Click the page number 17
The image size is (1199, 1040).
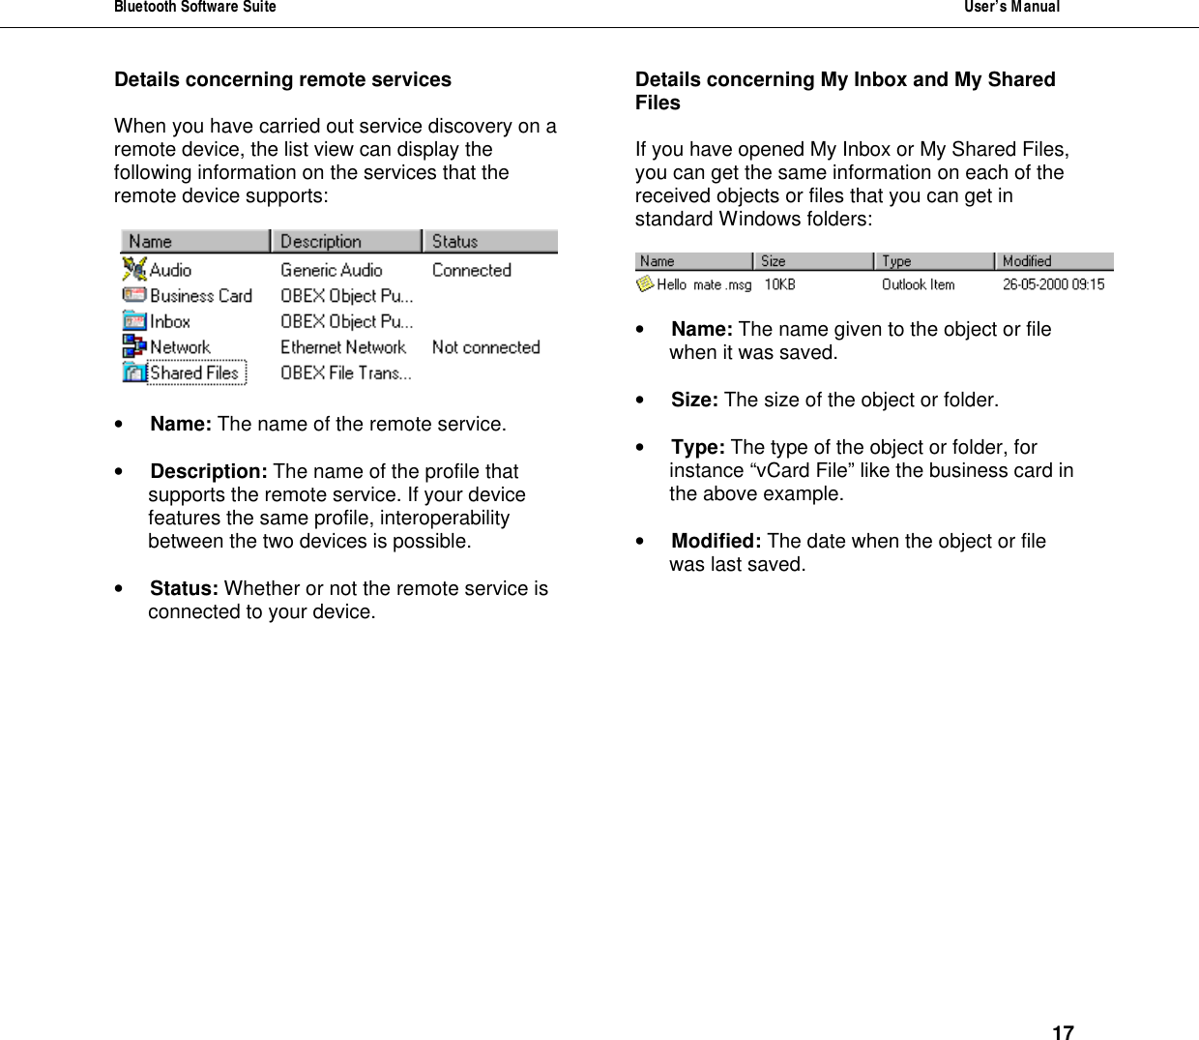pyautogui.click(x=1062, y=1032)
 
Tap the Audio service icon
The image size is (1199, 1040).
pyautogui.click(x=134, y=270)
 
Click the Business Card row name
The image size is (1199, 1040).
pyautogui.click(x=200, y=296)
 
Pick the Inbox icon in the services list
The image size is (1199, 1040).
pyautogui.click(x=134, y=321)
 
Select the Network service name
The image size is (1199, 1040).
pyautogui.click(x=180, y=347)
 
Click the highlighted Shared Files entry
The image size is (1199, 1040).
pyautogui.click(x=195, y=372)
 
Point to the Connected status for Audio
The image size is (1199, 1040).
pyautogui.click(x=471, y=270)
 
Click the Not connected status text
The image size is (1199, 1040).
pyautogui.click(x=485, y=347)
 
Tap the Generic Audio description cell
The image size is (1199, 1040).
pyautogui.click(x=331, y=270)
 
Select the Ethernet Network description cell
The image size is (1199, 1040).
pyautogui.click(x=342, y=347)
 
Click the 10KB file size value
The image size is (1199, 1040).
pyautogui.click(x=779, y=284)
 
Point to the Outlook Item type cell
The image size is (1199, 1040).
pyautogui.click(x=918, y=284)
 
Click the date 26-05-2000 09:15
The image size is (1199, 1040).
pyautogui.click(x=1053, y=284)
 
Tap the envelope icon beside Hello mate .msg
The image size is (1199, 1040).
pyautogui.click(x=645, y=284)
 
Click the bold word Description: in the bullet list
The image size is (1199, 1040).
pyautogui.click(x=209, y=471)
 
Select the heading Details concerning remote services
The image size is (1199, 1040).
pyautogui.click(x=282, y=79)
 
